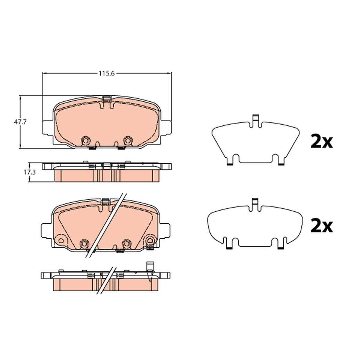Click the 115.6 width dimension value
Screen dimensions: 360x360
click(x=106, y=73)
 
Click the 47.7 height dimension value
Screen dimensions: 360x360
click(x=20, y=122)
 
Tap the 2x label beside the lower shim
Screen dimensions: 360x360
click(x=322, y=226)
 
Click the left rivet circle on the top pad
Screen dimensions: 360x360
click(x=85, y=140)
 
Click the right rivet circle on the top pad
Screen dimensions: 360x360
click(x=128, y=140)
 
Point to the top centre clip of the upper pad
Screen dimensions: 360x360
click(x=107, y=98)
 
